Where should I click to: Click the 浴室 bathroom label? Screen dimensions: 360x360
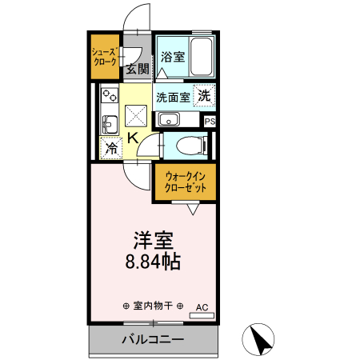point(173,57)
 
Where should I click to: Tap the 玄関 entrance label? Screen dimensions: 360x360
point(137,69)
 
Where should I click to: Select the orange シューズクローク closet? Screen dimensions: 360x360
point(105,57)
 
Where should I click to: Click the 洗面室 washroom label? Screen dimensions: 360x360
point(173,98)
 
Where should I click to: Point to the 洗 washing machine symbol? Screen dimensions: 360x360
point(205,95)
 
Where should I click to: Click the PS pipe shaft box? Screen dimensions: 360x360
point(210,121)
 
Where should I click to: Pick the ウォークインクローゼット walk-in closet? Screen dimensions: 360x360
point(186,181)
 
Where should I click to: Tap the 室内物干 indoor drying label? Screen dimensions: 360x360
point(153,306)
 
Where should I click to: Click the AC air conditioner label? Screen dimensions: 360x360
point(201,306)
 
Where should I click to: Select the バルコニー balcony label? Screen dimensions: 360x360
point(153,338)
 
